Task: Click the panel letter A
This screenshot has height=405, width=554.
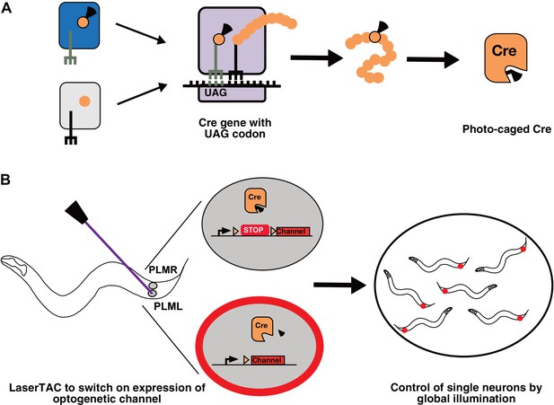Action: (x=6, y=7)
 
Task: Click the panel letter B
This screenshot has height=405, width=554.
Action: (x=6, y=180)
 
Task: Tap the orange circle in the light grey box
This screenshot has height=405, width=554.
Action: (x=84, y=101)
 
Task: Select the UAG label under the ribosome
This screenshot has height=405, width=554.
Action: (x=215, y=93)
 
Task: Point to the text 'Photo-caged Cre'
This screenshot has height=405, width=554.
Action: (x=506, y=129)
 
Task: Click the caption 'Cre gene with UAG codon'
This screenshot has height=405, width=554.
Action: (x=235, y=128)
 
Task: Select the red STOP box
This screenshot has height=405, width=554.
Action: (x=254, y=230)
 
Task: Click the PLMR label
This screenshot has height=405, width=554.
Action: (x=163, y=270)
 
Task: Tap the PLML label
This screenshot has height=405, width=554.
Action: (x=168, y=306)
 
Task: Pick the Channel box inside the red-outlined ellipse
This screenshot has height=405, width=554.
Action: (x=268, y=360)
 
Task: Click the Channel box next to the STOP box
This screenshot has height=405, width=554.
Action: (x=293, y=232)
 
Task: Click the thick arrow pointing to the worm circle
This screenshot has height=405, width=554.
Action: (x=340, y=285)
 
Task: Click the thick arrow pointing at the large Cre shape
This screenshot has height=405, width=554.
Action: (x=433, y=59)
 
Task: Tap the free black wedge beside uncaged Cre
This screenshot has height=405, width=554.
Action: (x=282, y=333)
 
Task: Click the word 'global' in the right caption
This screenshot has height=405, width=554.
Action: (x=435, y=399)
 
